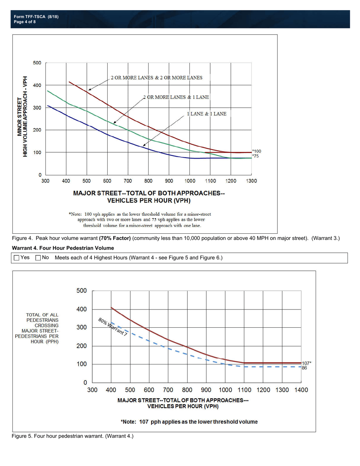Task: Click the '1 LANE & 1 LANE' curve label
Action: (207, 114)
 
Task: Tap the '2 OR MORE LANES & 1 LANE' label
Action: (176, 97)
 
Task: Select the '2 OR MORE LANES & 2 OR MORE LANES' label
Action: (157, 78)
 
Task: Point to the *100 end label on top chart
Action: (257, 152)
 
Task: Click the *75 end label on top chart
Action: (256, 156)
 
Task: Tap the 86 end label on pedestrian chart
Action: (304, 367)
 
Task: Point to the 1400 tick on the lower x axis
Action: (301, 390)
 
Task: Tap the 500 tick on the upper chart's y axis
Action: (37, 63)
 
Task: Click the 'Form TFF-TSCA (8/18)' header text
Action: (36, 17)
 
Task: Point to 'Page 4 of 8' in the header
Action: (25, 22)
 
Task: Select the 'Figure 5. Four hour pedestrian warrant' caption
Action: (73, 436)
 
